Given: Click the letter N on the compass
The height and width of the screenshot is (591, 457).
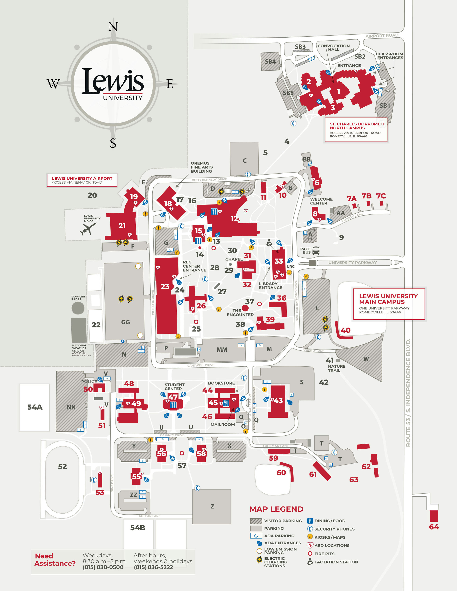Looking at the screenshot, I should (113, 27).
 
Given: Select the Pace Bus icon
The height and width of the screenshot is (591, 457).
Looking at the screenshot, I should (316, 251).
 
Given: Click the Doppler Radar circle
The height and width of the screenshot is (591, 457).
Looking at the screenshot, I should (78, 308).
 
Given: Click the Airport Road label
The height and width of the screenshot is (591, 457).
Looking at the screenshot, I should (382, 36).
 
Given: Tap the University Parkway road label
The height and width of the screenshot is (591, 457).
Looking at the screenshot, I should (352, 262).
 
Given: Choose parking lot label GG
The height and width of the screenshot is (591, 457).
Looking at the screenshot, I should (125, 322).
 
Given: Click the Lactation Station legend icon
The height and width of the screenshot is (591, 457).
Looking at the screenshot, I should (310, 562).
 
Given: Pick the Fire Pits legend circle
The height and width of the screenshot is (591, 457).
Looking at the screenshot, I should (310, 554).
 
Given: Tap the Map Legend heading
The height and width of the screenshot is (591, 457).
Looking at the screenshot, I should (276, 509).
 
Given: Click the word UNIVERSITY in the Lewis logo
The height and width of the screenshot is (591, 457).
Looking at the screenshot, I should (123, 98).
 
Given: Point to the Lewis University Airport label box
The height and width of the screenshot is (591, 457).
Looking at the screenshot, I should (82, 180).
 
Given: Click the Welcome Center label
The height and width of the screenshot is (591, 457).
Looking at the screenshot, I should (321, 201).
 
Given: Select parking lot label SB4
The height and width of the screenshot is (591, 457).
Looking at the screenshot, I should (270, 62).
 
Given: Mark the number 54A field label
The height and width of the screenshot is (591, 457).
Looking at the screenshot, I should (35, 407).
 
